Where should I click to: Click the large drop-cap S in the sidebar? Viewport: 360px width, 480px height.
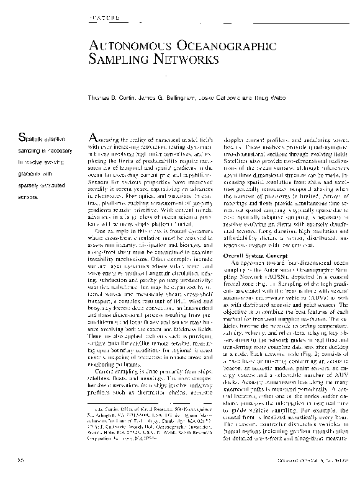coord(22,137)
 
